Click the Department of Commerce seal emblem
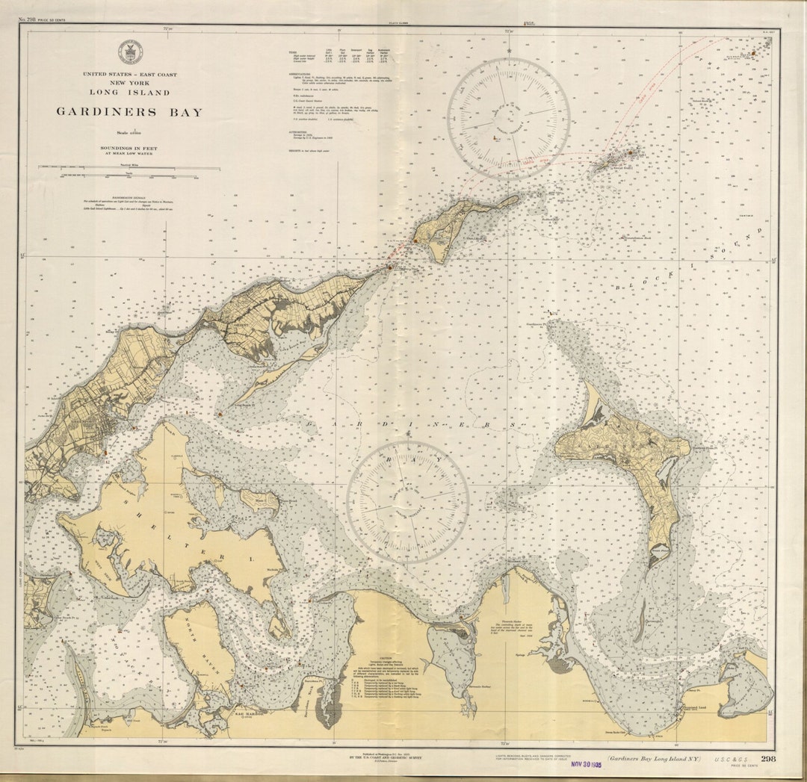tap(129, 52)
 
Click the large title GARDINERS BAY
tap(129, 112)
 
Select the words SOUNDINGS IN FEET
tap(129, 148)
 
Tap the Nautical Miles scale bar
tap(129, 168)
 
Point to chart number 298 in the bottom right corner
tap(768, 759)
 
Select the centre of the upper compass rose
tap(508, 119)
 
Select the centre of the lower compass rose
tap(407, 501)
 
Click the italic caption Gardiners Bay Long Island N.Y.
tap(653, 758)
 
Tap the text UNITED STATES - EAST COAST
tap(129, 75)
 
